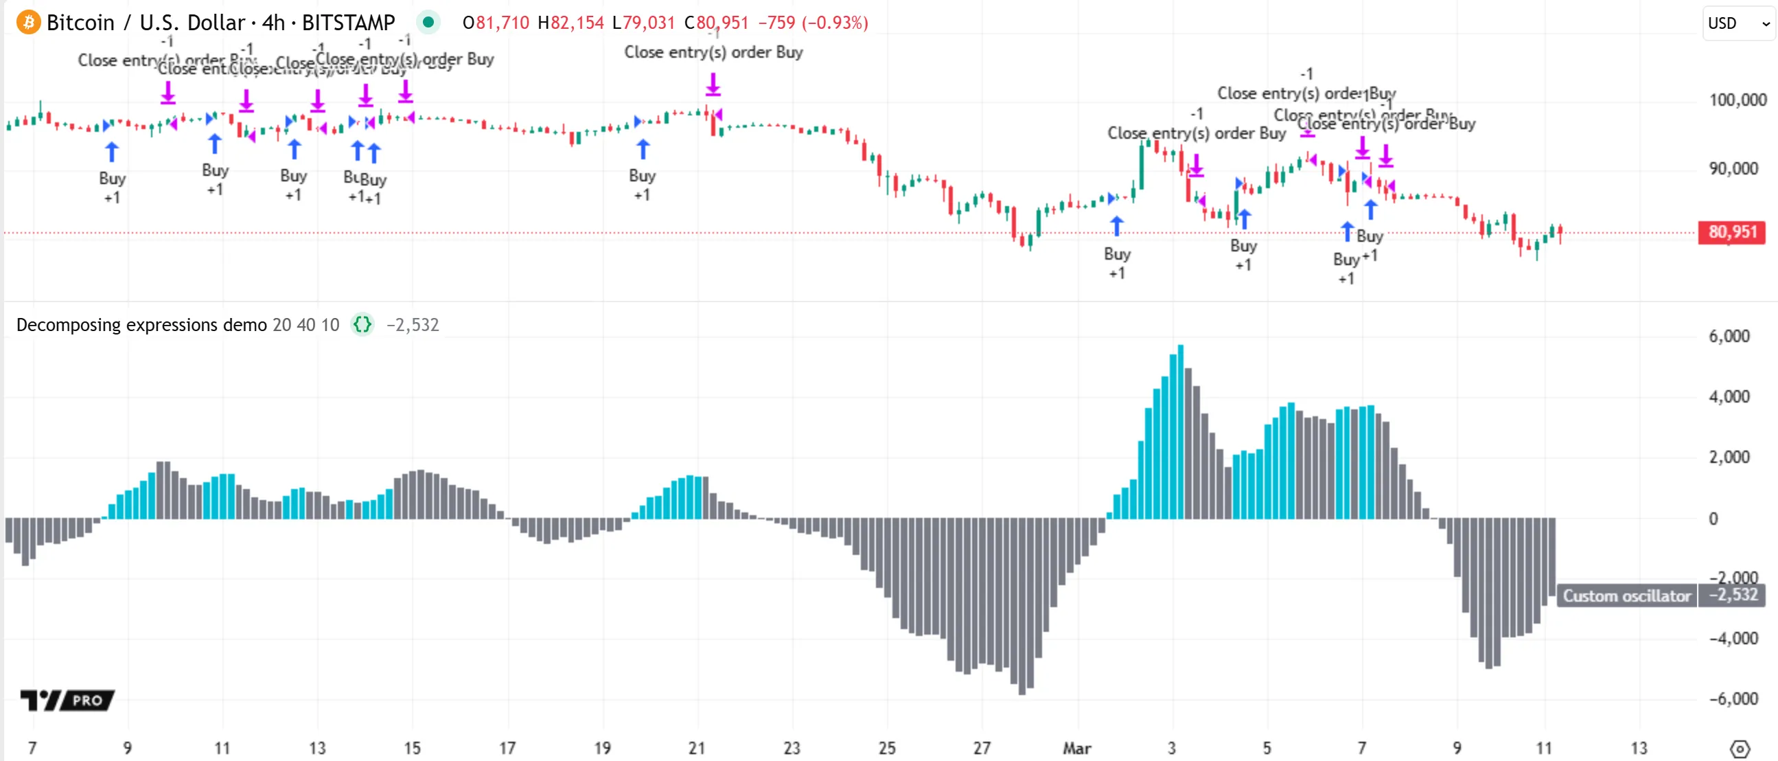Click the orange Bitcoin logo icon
coord(28,23)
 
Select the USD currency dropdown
coord(1738,23)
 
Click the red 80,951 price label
coord(1731,232)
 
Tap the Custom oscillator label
coord(1626,595)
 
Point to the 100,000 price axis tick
coord(1737,100)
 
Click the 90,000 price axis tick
coord(1733,168)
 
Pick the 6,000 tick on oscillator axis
coord(1729,337)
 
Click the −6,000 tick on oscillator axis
coord(1733,698)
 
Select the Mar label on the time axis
coord(1076,748)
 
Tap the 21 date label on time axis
coord(696,748)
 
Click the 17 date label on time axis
coord(507,748)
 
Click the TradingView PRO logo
coord(67,700)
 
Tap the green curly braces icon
coord(362,325)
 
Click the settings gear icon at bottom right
coord(1740,749)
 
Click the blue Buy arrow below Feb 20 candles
coord(643,148)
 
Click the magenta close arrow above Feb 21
coord(713,86)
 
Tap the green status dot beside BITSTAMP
coord(428,23)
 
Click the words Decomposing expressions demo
coord(141,325)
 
